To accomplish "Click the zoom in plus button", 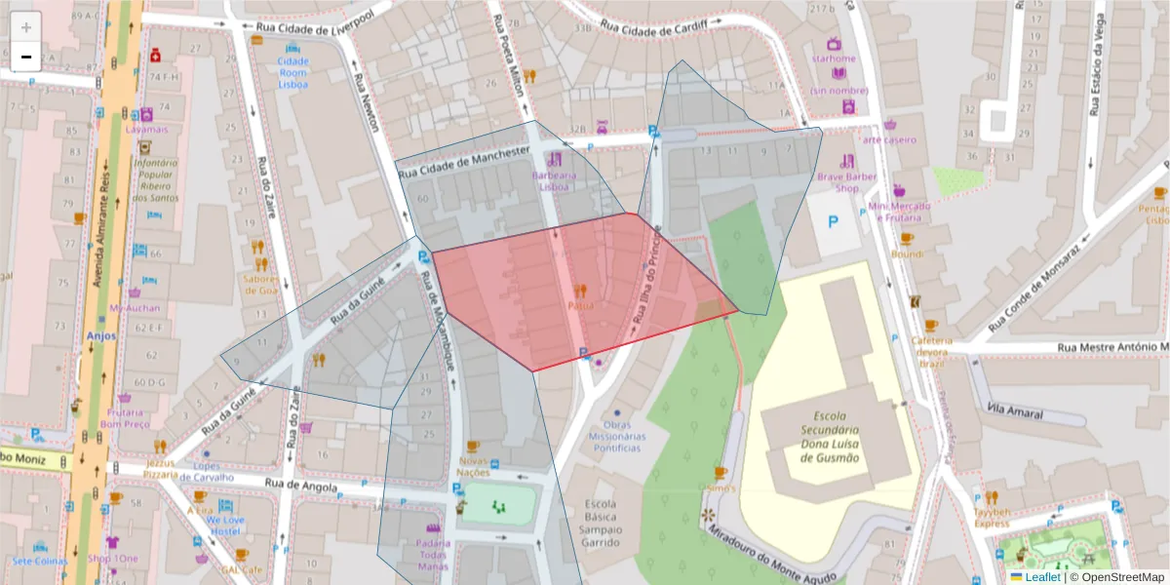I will [x=26, y=26].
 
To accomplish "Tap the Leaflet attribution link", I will [x=1042, y=577].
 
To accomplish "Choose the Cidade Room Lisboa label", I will [x=292, y=73].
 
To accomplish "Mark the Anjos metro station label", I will [x=101, y=335].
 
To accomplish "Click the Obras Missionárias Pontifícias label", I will [x=616, y=437].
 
